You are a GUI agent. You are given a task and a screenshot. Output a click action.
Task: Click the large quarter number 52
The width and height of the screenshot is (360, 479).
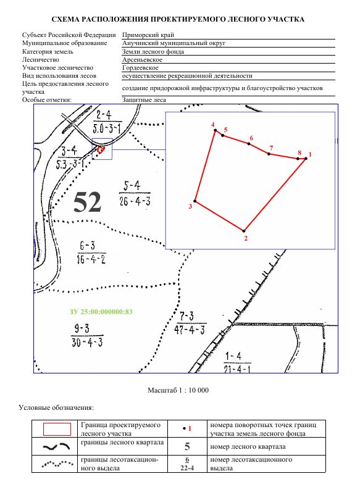click(x=88, y=202)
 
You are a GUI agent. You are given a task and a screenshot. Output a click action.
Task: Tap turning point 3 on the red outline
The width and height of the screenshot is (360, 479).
click(x=195, y=201)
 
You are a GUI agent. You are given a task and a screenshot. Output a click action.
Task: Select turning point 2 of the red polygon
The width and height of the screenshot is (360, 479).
click(x=244, y=231)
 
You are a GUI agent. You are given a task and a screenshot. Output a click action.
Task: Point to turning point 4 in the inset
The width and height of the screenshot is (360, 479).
click(x=215, y=130)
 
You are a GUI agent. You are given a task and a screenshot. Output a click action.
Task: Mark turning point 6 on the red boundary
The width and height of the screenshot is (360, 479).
click(x=249, y=144)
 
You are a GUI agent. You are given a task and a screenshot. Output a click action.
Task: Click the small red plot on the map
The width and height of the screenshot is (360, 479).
click(x=101, y=149)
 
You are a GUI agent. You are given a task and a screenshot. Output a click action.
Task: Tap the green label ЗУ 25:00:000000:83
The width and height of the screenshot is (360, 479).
click(x=101, y=312)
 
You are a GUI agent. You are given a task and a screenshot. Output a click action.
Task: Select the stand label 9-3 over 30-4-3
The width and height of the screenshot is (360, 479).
click(x=87, y=335)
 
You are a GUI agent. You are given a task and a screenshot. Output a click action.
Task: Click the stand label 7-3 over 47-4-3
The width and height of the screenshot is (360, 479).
click(x=190, y=323)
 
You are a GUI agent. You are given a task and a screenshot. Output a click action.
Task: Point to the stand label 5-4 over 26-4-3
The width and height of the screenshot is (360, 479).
click(x=135, y=193)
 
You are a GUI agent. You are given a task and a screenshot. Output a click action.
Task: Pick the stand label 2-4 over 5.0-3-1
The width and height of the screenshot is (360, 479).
click(x=107, y=122)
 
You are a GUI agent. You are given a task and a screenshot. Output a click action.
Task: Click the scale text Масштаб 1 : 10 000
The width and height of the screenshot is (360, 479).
click(x=178, y=390)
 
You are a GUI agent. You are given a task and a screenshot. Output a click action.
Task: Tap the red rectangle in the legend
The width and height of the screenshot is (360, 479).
click(x=57, y=429)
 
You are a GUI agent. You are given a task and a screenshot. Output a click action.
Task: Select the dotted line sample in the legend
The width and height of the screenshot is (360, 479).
click(x=57, y=464)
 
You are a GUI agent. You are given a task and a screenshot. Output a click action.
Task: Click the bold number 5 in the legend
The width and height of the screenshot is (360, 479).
click(x=187, y=447)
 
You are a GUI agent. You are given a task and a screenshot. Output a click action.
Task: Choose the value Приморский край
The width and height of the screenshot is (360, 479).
click(x=148, y=35)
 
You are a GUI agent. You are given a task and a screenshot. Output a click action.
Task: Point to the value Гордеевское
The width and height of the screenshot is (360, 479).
click(x=140, y=67)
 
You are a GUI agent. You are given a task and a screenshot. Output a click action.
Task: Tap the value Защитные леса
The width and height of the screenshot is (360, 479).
click(x=144, y=99)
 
